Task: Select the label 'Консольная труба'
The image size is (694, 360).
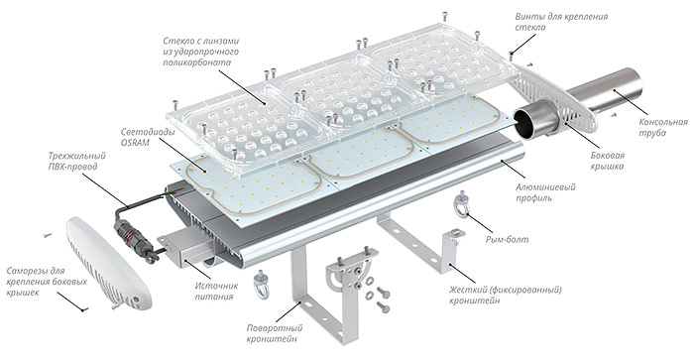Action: (663, 127)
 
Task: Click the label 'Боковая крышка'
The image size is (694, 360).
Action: (607, 161)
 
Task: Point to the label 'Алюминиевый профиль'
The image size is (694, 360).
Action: (545, 192)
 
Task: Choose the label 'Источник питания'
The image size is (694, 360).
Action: (216, 292)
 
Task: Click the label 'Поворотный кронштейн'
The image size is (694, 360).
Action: (275, 333)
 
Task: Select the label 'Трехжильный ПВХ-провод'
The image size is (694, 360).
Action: (77, 162)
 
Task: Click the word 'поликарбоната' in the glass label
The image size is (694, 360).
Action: (196, 62)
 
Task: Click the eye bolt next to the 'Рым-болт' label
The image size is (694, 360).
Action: (462, 204)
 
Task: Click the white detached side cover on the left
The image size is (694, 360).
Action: (108, 262)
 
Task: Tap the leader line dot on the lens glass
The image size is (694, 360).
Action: (265, 104)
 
